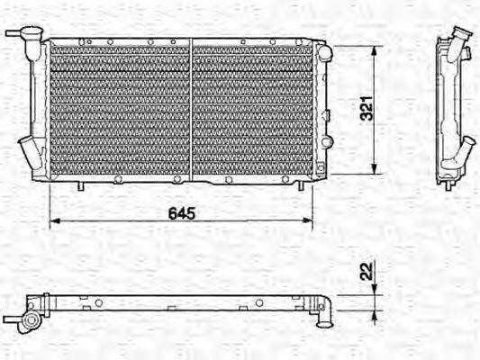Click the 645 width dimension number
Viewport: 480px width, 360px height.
coord(181,214)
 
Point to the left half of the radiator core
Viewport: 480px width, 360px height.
coord(120,110)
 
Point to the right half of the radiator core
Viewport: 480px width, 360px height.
coord(253,110)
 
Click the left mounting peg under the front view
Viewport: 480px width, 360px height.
coord(79,185)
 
